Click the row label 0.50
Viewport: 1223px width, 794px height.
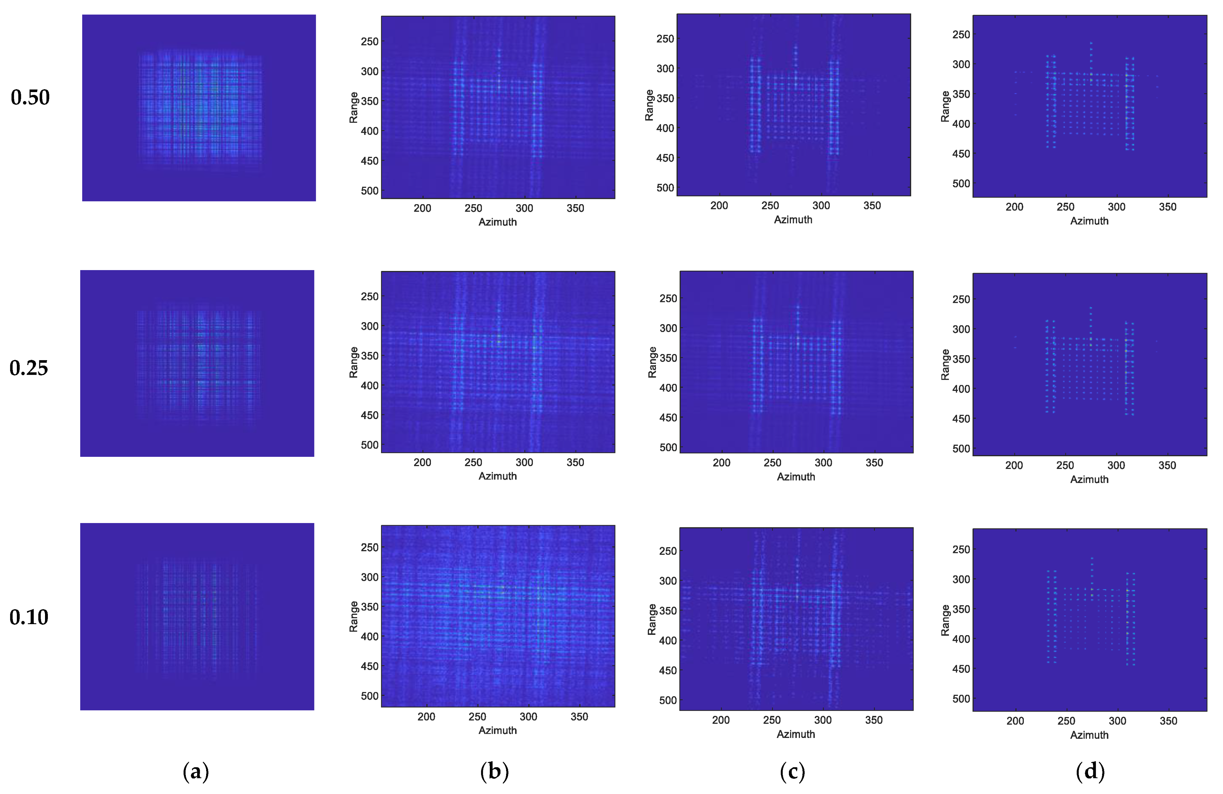[30, 97]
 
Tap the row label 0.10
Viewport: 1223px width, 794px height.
[29, 617]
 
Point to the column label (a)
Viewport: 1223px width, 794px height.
[196, 771]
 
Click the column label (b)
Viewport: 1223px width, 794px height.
[494, 771]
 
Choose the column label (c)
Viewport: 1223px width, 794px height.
[792, 771]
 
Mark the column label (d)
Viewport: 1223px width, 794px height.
[1090, 771]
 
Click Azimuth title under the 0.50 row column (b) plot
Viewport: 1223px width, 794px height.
[497, 222]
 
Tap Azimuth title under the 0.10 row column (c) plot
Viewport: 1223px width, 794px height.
[796, 734]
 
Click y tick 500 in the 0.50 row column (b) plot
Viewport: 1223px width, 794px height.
[369, 191]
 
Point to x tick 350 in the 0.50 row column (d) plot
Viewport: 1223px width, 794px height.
[1168, 206]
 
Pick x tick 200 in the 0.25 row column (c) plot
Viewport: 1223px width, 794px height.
[722, 463]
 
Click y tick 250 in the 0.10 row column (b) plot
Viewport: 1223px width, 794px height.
[369, 547]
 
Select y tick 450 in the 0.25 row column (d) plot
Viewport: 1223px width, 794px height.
[961, 419]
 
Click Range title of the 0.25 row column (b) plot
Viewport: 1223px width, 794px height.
[354, 362]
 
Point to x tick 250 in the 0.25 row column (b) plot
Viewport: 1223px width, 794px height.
[473, 462]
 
